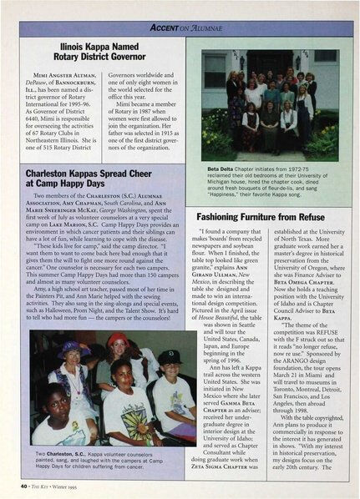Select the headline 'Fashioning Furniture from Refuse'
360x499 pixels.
(x=266, y=212)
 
